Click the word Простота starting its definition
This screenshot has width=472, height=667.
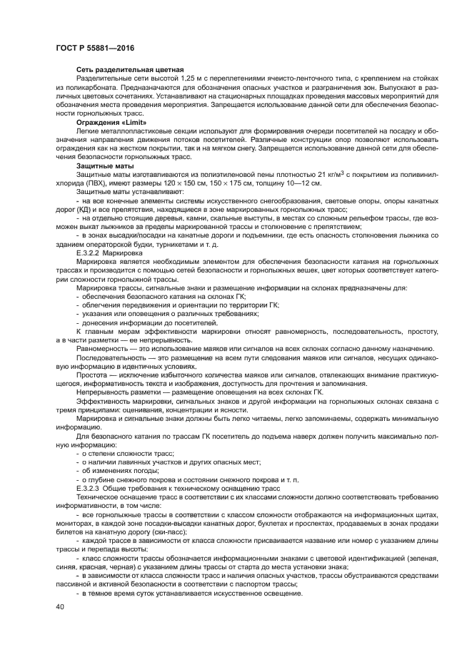pyautogui.click(x=94, y=375)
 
